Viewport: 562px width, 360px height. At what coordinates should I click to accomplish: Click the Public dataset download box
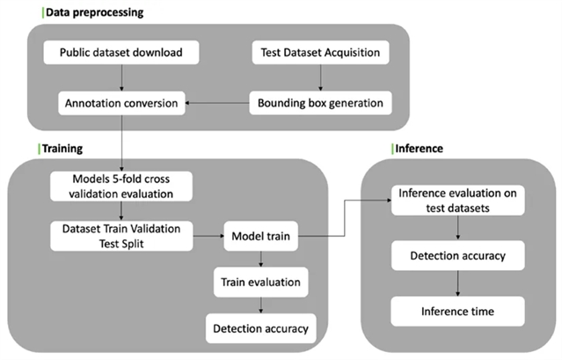coord(120,53)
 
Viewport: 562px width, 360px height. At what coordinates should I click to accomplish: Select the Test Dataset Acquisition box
coord(320,53)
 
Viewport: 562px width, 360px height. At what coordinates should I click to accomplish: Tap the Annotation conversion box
coord(120,104)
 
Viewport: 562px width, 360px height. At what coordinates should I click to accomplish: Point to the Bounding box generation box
coord(320,104)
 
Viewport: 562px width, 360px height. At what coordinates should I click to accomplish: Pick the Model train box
coord(260,236)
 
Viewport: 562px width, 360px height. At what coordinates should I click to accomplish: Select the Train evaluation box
coord(259,283)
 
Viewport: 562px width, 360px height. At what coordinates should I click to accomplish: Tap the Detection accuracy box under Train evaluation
coord(259,328)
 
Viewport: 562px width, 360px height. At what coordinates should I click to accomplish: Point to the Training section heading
coord(62,148)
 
